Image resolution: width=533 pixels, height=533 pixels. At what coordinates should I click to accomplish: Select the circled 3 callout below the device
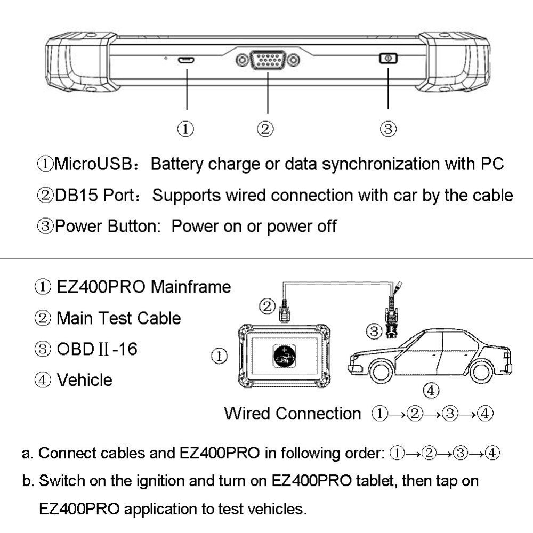pos(388,128)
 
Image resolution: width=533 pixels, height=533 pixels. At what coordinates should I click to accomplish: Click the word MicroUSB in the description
pos(91,164)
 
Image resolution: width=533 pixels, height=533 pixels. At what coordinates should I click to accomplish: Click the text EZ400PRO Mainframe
pos(143,287)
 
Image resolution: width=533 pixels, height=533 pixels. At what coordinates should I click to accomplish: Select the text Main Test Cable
pos(118,318)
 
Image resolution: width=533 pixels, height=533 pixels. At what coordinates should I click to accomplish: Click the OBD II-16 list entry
pos(96,349)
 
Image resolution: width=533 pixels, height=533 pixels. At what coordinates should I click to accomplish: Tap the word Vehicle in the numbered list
pos(84,380)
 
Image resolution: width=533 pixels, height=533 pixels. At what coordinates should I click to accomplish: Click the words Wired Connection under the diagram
pos(292,414)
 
